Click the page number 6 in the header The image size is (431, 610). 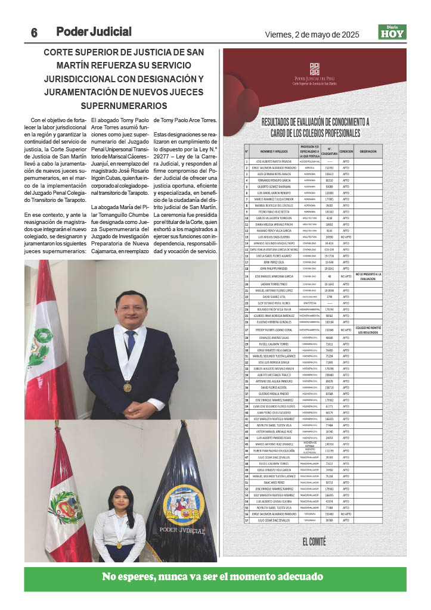pyautogui.click(x=35, y=33)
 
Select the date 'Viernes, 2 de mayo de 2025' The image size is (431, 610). pyautogui.click(x=312, y=35)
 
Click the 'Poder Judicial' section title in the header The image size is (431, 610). pyautogui.click(x=94, y=32)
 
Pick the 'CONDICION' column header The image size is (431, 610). pyautogui.click(x=346, y=152)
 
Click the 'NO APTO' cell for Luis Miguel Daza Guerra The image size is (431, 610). pyautogui.click(x=346, y=237)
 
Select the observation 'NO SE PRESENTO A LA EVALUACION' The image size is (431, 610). pyautogui.click(x=368, y=276)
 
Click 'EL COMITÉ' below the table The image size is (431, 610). pyautogui.click(x=314, y=541)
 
